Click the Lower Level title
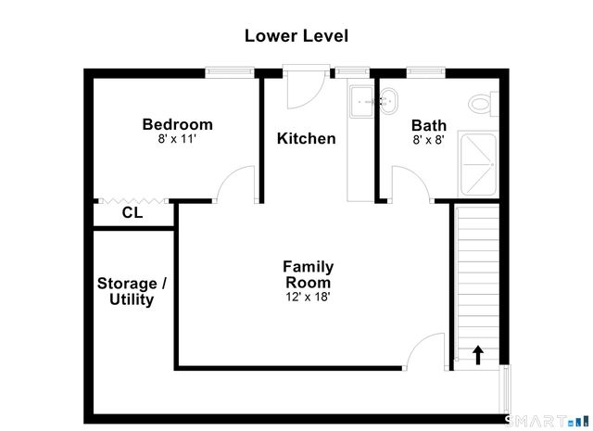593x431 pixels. tap(296, 36)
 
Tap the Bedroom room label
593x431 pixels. tap(177, 124)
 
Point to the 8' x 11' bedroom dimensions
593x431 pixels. tap(177, 140)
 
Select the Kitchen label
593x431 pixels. tap(307, 139)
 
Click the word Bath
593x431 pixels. tap(428, 126)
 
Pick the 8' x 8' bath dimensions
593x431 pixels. tap(428, 141)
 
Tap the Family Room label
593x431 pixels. tap(308, 274)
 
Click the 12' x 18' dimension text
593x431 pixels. tap(308, 298)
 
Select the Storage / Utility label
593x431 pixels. tap(132, 291)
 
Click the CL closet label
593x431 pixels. tap(132, 213)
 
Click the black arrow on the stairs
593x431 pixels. tap(478, 354)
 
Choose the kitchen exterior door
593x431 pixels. tap(302, 89)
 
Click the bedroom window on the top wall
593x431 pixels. tap(229, 71)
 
